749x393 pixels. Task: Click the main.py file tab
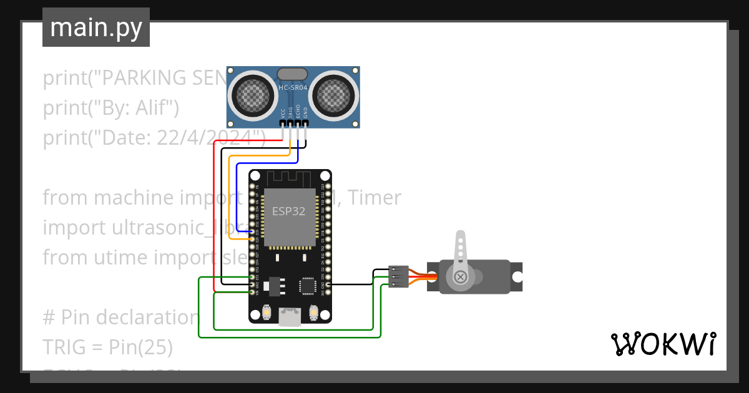pos(95,27)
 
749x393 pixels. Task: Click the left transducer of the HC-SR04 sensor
pos(254,95)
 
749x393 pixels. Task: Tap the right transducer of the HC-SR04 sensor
pos(333,95)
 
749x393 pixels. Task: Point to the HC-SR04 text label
pos(293,89)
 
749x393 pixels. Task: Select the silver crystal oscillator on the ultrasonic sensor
pos(292,75)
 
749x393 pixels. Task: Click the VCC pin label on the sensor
pos(283,114)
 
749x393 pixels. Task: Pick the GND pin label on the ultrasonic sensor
pos(305,114)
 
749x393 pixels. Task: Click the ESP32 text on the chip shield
pos(288,211)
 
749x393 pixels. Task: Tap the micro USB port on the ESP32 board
pos(289,316)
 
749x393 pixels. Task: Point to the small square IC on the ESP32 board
pos(308,285)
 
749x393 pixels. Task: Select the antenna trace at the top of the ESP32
pos(289,178)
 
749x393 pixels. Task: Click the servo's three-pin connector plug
pos(398,276)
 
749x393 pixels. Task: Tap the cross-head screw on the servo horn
pos(460,276)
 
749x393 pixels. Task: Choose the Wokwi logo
pos(663,344)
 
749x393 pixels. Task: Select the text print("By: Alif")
pos(111,108)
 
